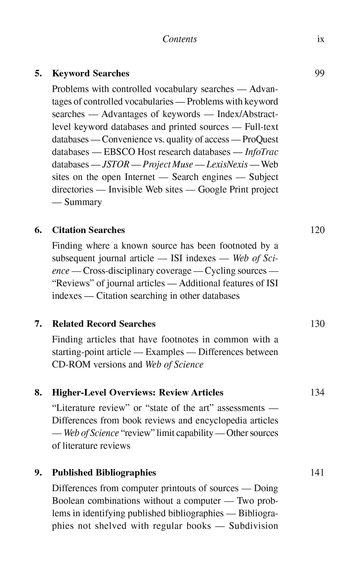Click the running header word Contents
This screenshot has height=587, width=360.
180,39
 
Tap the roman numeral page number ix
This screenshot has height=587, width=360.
320,39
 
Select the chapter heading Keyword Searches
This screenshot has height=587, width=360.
91,73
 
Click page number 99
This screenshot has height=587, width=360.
319,73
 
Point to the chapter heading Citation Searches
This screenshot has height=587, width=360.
89,230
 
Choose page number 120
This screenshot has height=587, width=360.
317,230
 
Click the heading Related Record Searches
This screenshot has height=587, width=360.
104,324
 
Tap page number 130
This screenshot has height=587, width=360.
317,324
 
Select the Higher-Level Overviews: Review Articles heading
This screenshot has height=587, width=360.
138,392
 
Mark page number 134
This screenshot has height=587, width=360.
317,392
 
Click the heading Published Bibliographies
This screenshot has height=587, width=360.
104,473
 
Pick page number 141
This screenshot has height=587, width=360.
317,473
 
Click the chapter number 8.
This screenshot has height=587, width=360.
38,392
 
